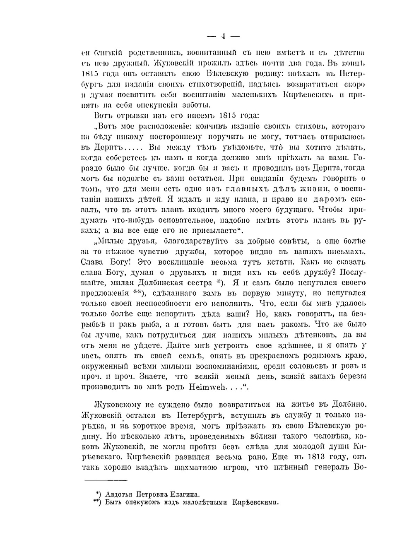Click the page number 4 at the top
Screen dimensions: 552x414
pyautogui.click(x=223, y=36)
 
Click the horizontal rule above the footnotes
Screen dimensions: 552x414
pyautogui.click(x=106, y=481)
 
